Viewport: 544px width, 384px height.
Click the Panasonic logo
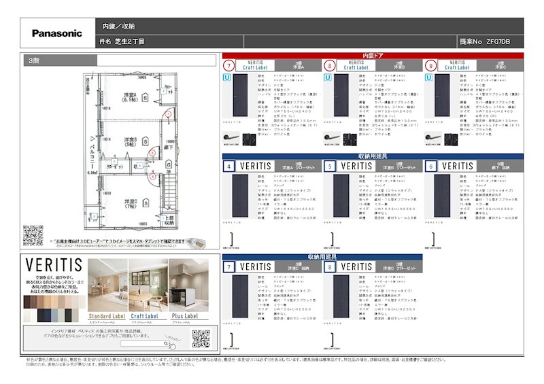pyautogui.click(x=57, y=33)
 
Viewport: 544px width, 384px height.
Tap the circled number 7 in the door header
pyautogui.click(x=229, y=66)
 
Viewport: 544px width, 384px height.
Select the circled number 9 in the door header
pyautogui.click(x=430, y=66)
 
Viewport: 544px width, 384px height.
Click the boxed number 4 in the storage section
pyautogui.click(x=229, y=166)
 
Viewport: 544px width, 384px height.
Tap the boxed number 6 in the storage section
pyautogui.click(x=430, y=166)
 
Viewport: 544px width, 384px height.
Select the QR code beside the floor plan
pyautogui.click(x=33, y=235)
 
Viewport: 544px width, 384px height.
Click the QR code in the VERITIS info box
pyautogui.click(x=201, y=338)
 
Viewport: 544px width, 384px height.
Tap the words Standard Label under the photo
pyautogui.click(x=109, y=315)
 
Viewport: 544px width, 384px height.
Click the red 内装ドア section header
pyautogui.click(x=373, y=55)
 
